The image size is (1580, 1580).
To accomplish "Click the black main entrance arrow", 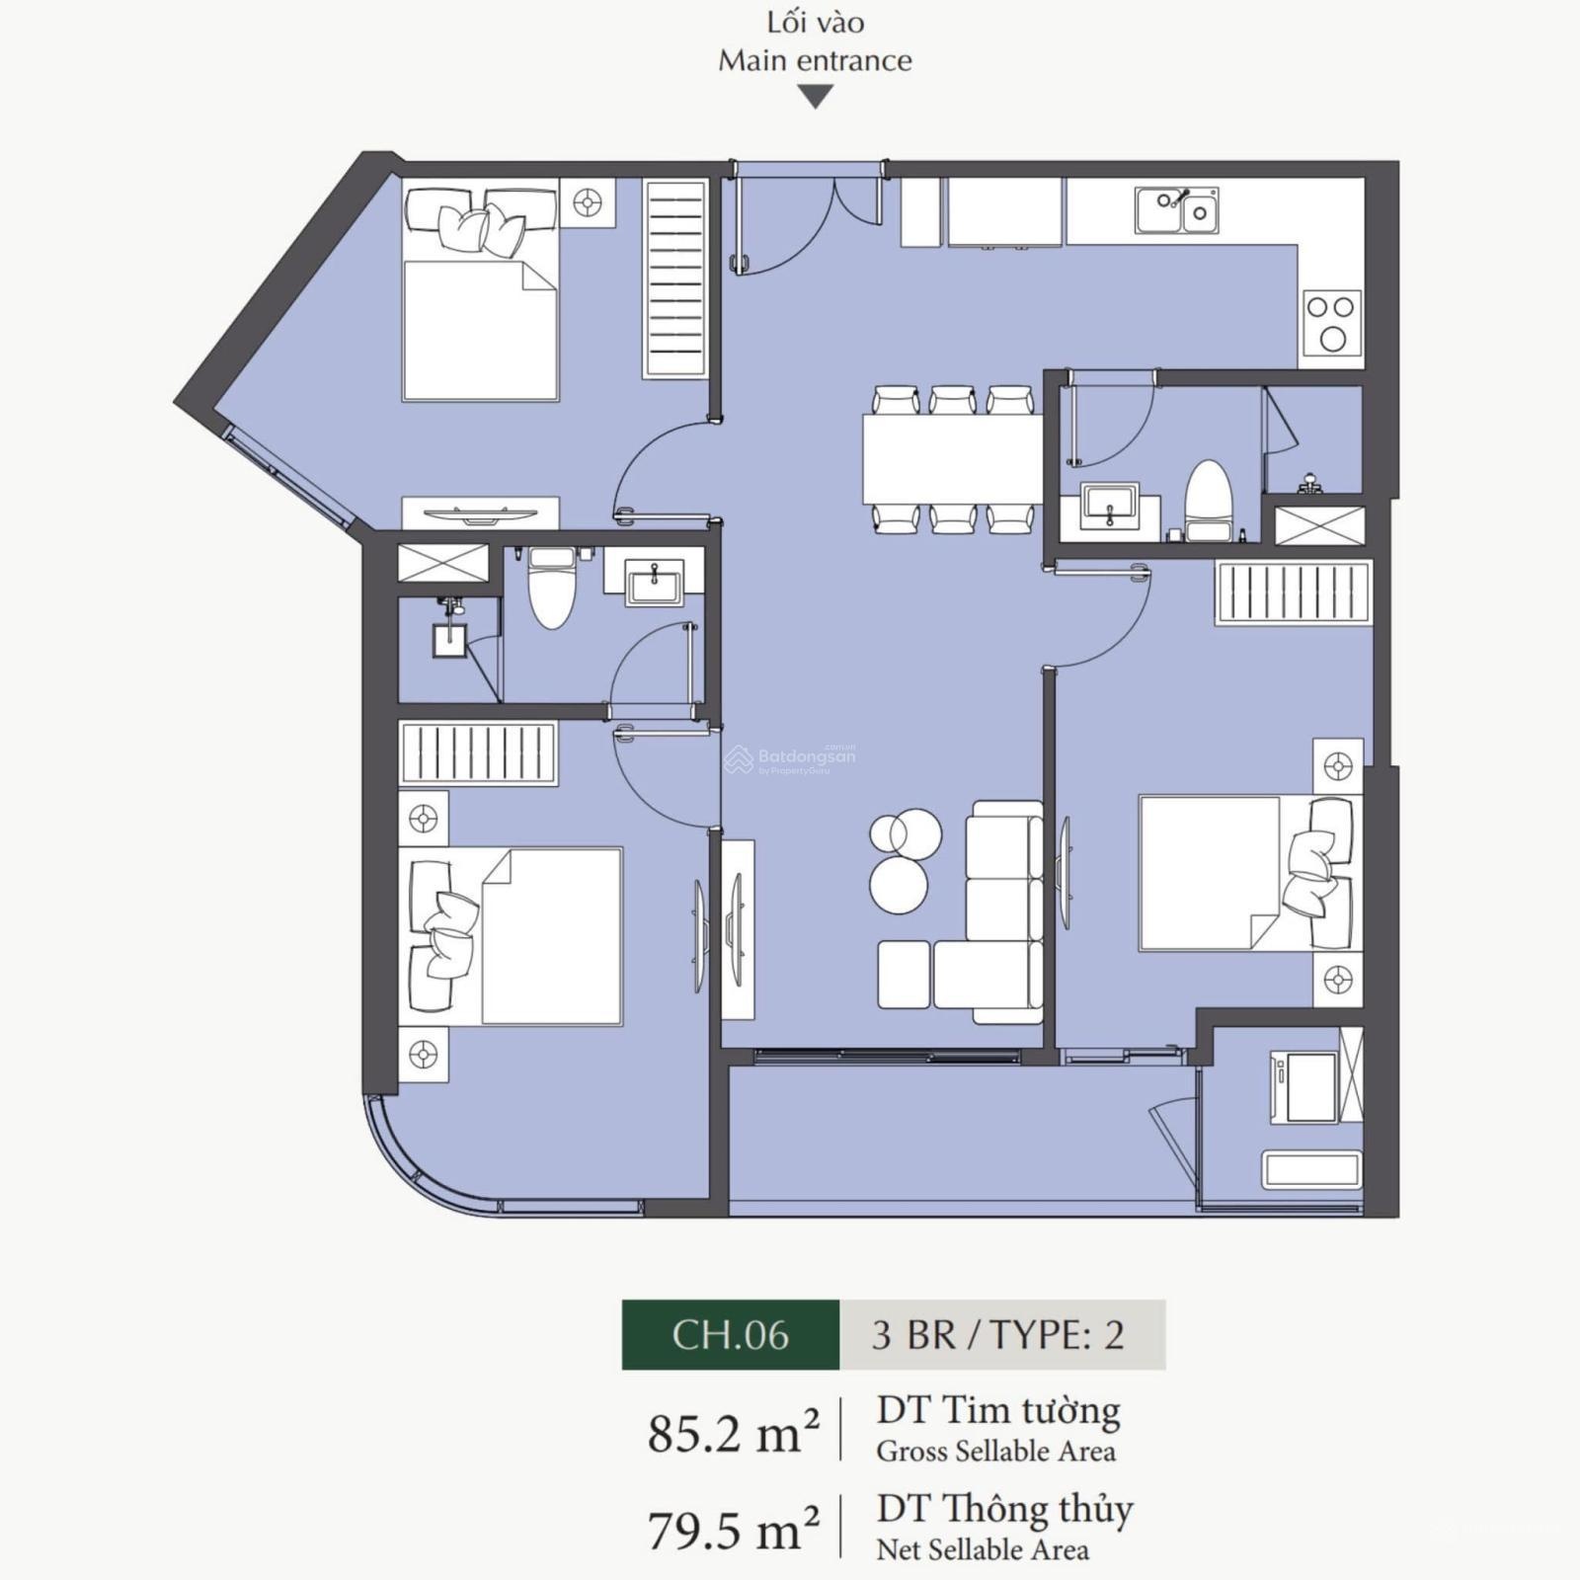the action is (815, 97).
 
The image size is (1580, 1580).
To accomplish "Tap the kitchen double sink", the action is (1176, 210).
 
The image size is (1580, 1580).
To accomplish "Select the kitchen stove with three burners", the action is (1332, 323).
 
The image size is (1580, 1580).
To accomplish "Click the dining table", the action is (953, 460).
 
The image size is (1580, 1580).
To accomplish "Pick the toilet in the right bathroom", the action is (1209, 502).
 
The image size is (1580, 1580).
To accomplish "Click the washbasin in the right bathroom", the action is (1110, 507).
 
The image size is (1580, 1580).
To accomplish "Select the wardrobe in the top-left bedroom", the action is (675, 278).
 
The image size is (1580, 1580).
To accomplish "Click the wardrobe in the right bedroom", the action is (1294, 592).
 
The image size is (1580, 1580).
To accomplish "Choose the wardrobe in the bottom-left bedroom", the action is (478, 752).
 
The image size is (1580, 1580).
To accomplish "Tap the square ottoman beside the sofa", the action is (904, 975).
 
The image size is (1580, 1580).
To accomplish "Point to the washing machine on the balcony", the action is (1304, 1086).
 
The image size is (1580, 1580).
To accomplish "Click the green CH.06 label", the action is (731, 1334).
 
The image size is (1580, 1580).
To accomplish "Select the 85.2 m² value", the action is (734, 1432).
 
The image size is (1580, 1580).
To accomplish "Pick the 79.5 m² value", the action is (734, 1531).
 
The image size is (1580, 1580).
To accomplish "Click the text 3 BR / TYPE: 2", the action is (998, 1335).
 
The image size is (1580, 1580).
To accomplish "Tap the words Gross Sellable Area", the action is (995, 1452).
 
